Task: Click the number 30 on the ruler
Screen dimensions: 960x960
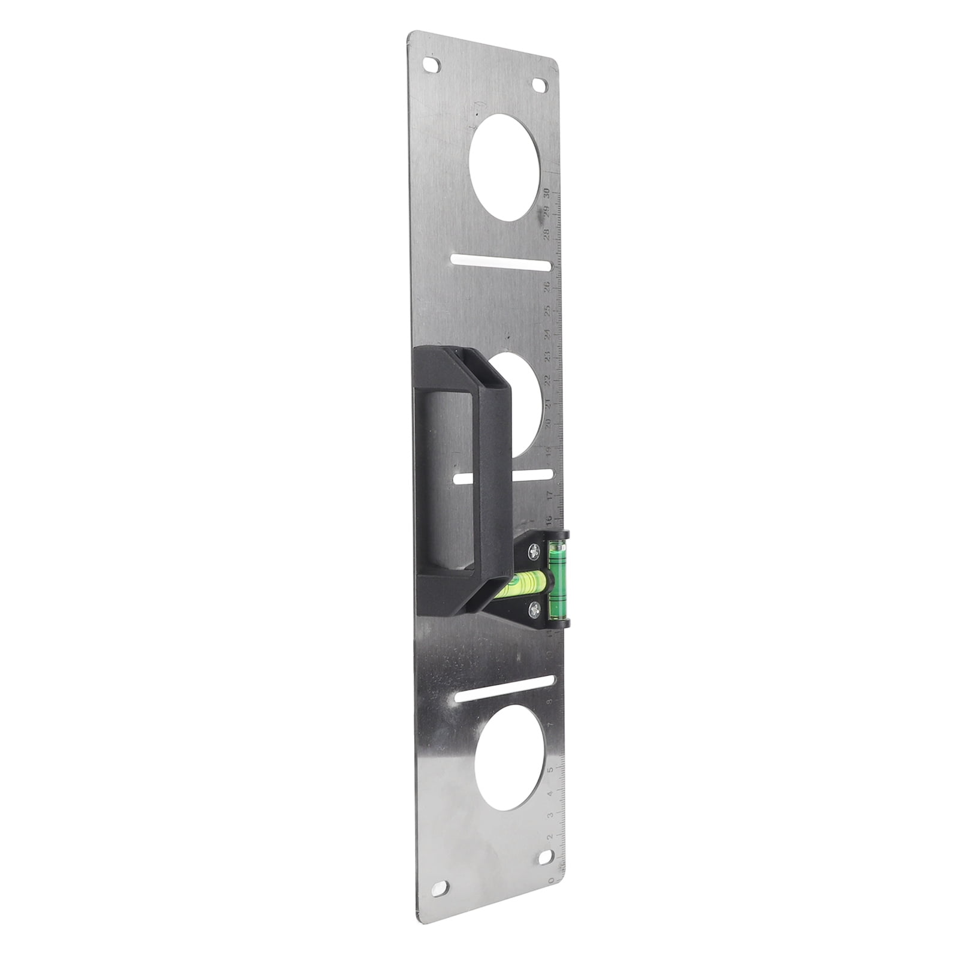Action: click(x=547, y=193)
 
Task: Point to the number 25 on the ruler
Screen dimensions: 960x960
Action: click(x=547, y=310)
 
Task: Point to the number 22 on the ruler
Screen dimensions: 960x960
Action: click(x=547, y=381)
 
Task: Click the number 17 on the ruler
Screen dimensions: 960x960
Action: click(x=549, y=496)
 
